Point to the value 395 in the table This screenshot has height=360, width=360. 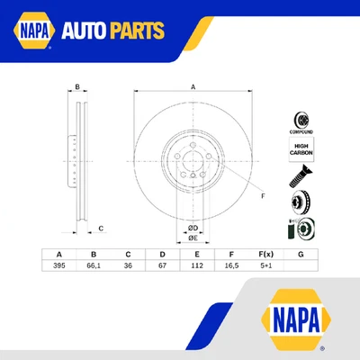58,265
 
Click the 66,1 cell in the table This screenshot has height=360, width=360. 93,265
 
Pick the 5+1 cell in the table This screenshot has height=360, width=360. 265,265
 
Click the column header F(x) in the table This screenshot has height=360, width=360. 265,254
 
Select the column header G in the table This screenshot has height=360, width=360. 301,254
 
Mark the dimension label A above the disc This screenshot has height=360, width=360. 192,86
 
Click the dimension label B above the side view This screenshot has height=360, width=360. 77,87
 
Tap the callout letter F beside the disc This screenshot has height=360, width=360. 262,196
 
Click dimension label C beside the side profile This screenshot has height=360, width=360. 101,229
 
